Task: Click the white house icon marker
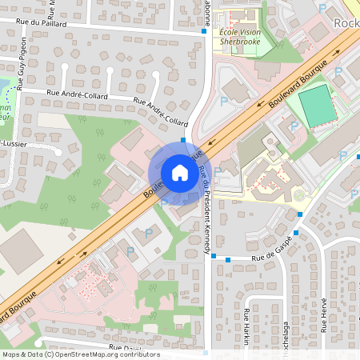coord(180,172)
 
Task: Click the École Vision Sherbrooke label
coord(239,34)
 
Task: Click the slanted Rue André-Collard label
coord(161,113)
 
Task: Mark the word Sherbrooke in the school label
coord(240,39)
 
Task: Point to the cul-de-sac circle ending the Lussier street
coord(58,150)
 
